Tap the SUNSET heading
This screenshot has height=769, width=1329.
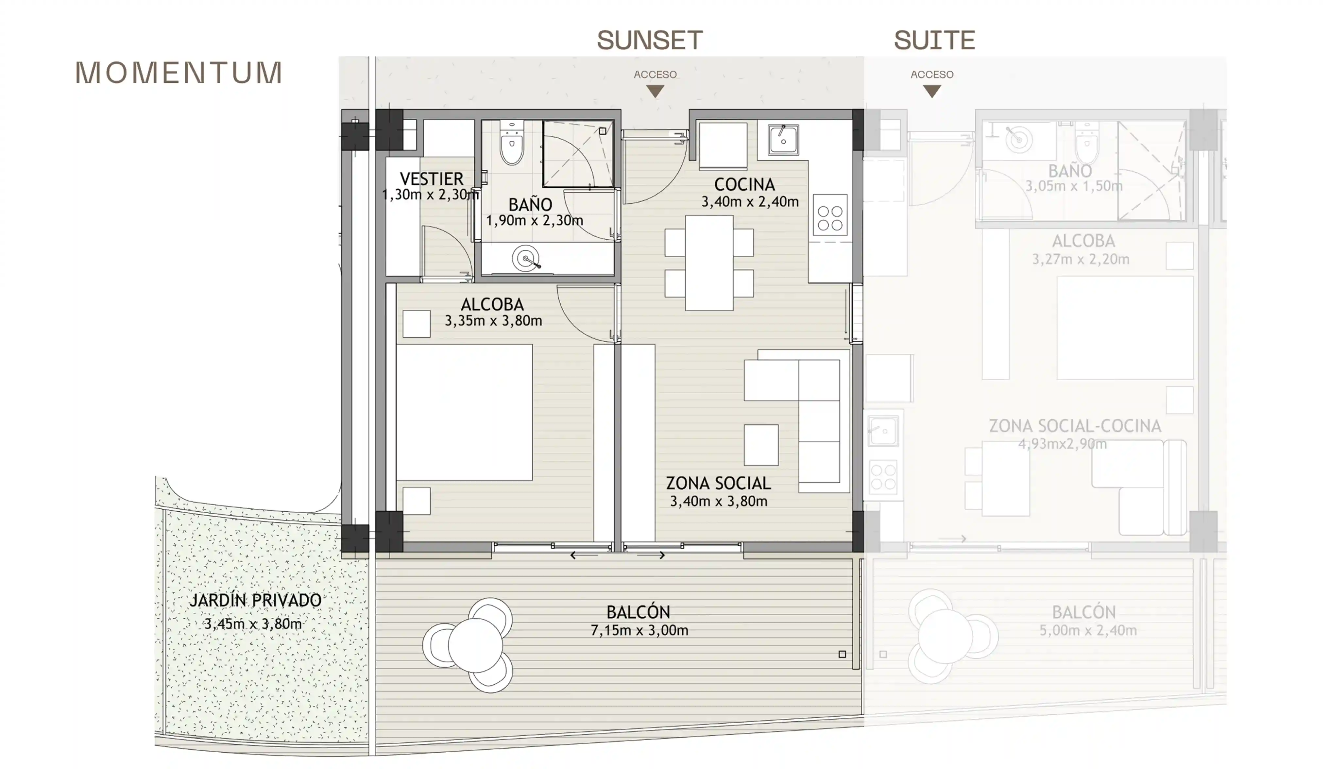pyautogui.click(x=650, y=40)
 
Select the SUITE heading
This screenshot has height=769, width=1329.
pyautogui.click(x=934, y=40)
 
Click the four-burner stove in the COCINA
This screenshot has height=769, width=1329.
pyautogui.click(x=830, y=218)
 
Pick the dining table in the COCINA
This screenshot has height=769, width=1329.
pyautogui.click(x=709, y=263)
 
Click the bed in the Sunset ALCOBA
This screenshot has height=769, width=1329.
pyautogui.click(x=464, y=412)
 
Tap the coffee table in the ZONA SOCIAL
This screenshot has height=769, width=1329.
pyautogui.click(x=761, y=445)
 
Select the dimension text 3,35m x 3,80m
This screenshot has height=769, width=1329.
pyautogui.click(x=493, y=321)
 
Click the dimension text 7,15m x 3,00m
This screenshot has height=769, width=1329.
pyautogui.click(x=639, y=630)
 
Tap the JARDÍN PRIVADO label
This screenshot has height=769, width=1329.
pyautogui.click(x=255, y=600)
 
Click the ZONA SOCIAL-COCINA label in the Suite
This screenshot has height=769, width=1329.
pyautogui.click(x=1075, y=426)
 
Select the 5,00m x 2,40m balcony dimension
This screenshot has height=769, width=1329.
pyautogui.click(x=1088, y=630)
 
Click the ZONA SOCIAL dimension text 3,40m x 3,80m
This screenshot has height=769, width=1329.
pyautogui.click(x=718, y=501)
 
